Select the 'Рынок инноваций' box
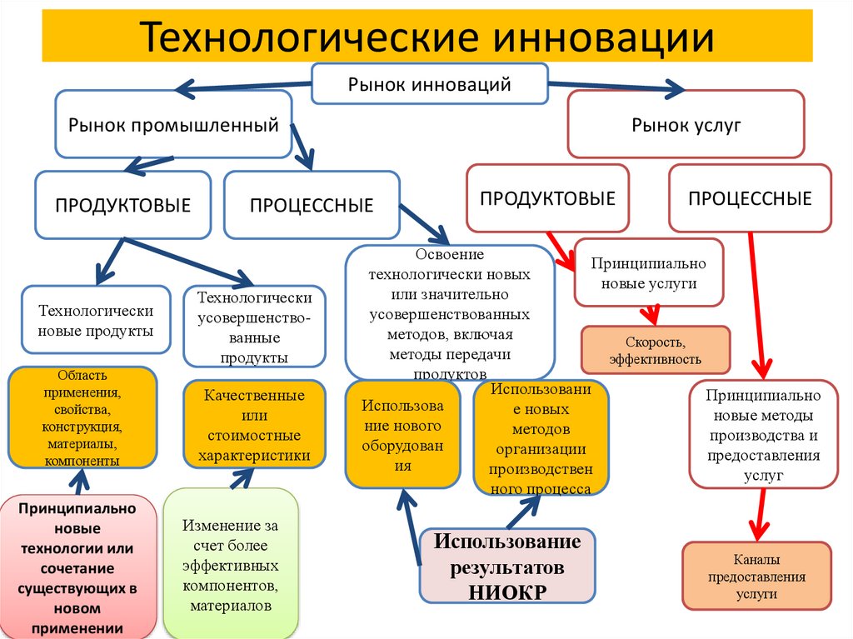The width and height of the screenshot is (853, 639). (x=429, y=83)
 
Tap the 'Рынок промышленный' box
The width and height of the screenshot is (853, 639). (x=173, y=125)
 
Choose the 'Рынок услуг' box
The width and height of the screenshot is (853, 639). (x=686, y=125)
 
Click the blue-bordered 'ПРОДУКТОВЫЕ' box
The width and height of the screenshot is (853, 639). (x=123, y=204)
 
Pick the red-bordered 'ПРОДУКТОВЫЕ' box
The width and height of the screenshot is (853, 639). (x=547, y=198)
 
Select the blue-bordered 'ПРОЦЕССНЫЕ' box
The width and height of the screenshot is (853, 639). (x=312, y=204)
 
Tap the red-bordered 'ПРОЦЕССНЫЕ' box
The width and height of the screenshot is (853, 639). (x=750, y=198)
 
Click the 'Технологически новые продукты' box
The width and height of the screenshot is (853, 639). (x=96, y=321)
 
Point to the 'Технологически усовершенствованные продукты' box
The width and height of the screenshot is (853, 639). (x=254, y=327)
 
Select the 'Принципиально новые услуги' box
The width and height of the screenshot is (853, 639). (x=648, y=273)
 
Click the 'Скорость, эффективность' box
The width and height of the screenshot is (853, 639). (x=655, y=350)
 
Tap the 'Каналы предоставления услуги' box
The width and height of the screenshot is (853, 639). (x=756, y=576)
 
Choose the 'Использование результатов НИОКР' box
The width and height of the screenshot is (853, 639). (x=506, y=566)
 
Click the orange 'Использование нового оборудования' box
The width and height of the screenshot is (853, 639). (x=402, y=435)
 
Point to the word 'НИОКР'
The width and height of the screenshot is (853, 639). (x=507, y=592)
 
